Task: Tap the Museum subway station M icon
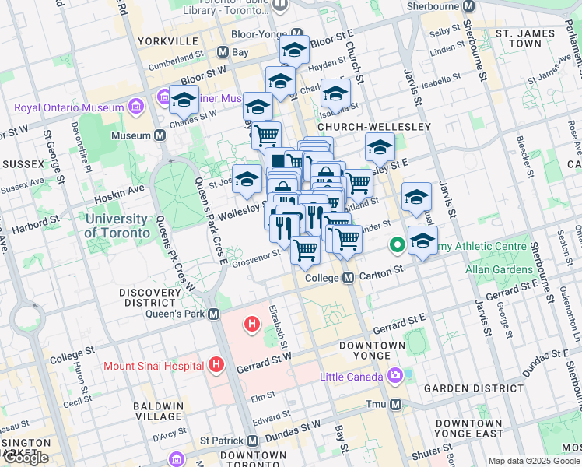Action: (161, 135)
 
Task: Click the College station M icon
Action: (349, 278)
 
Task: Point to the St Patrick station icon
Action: (253, 440)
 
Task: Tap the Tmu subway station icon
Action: (396, 405)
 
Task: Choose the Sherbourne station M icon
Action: (468, 6)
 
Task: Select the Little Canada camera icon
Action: (395, 377)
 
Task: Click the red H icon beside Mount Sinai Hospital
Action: (216, 364)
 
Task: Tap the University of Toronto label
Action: (117, 226)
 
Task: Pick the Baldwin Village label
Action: (157, 412)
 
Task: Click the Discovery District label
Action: (148, 297)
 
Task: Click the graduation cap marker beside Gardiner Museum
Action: (184, 102)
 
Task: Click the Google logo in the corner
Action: (26, 458)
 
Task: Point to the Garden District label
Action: (490, 388)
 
